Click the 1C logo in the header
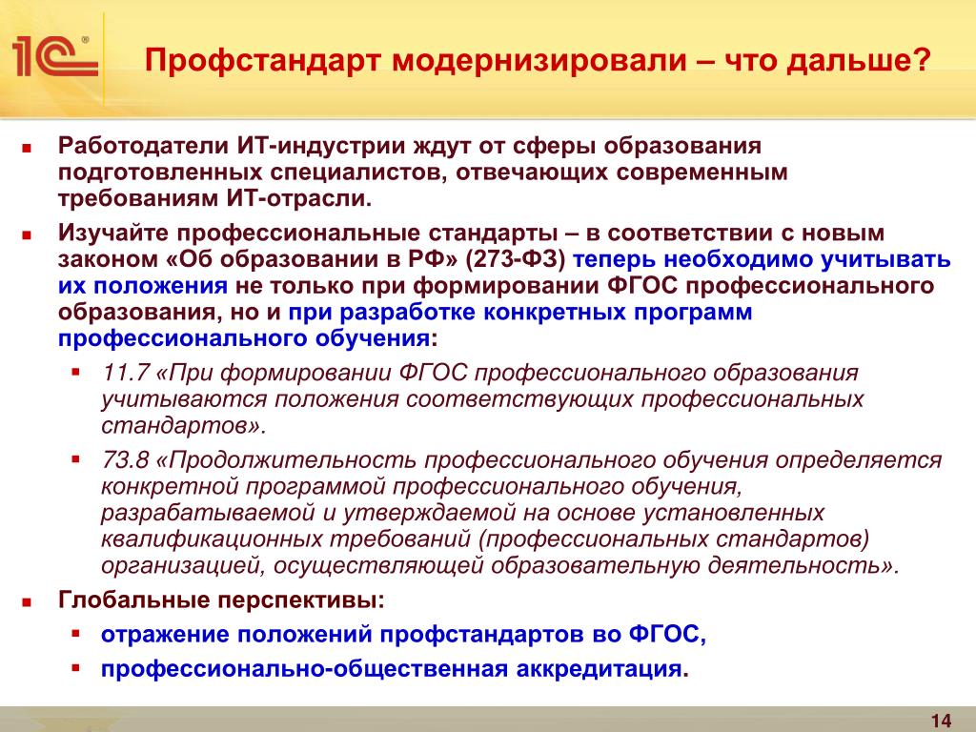pyautogui.click(x=54, y=56)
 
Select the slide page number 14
pyautogui.click(x=941, y=721)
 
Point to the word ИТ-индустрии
pyautogui.click(x=321, y=146)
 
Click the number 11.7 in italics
pyautogui.click(x=126, y=373)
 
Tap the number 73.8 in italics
pyautogui.click(x=126, y=460)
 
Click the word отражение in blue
pyautogui.click(x=165, y=635)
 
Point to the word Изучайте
pyautogui.click(x=113, y=233)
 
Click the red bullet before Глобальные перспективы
pyautogui.click(x=26, y=602)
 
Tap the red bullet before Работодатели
pyautogui.click(x=26, y=148)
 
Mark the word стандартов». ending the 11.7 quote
pyautogui.click(x=184, y=426)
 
